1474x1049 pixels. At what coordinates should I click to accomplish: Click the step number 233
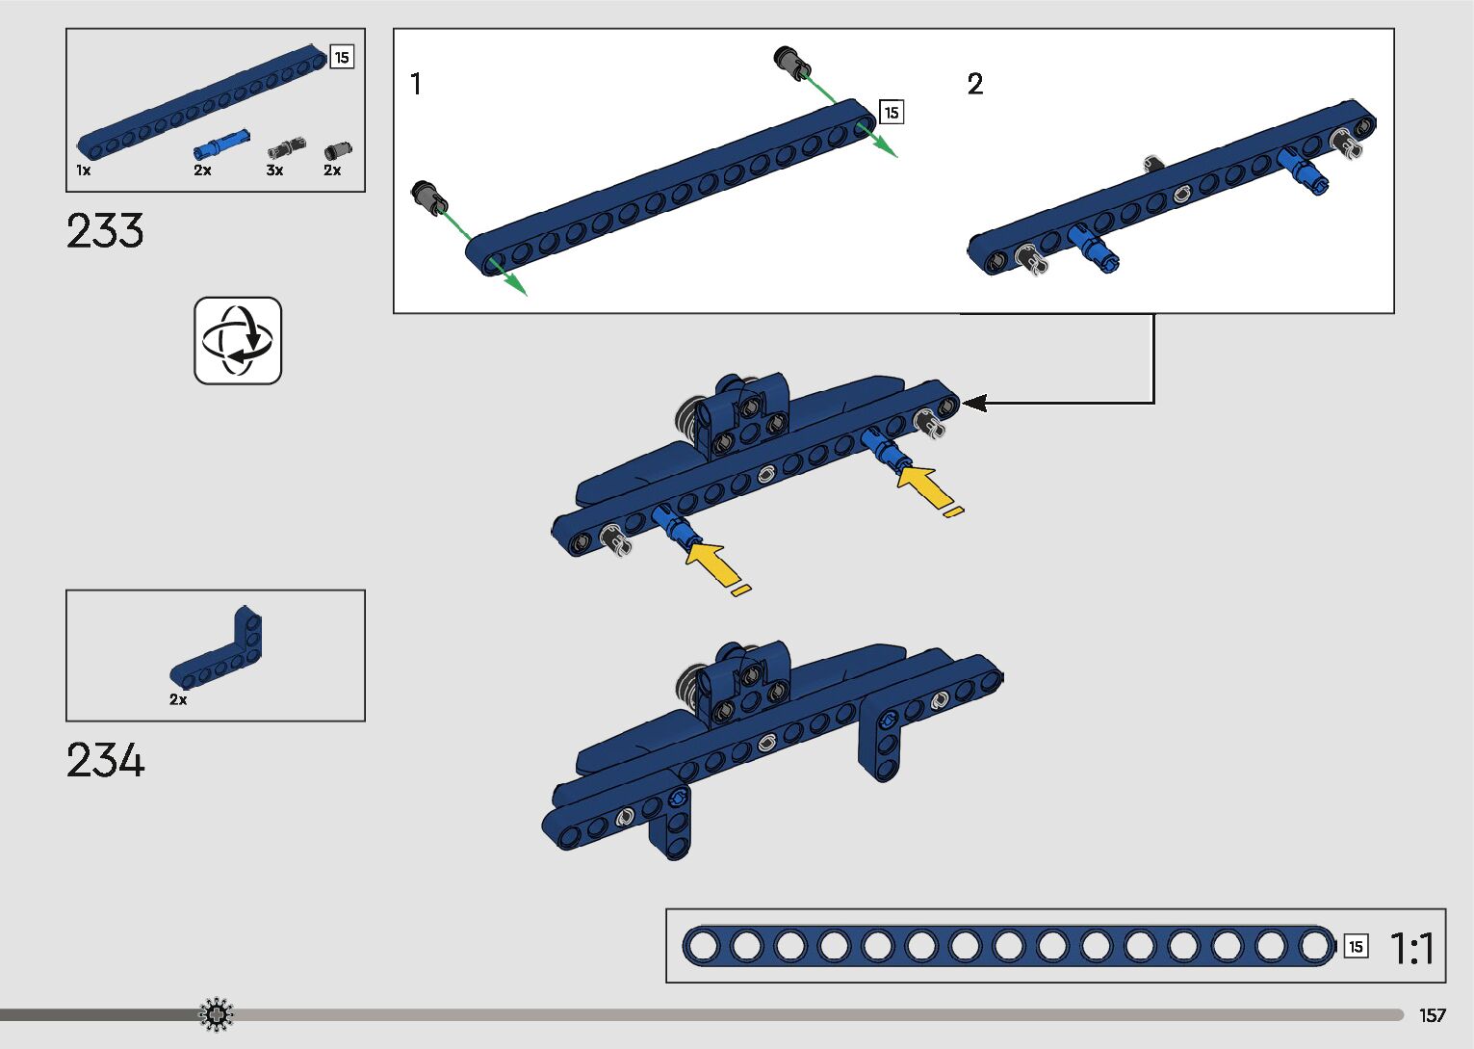(x=105, y=231)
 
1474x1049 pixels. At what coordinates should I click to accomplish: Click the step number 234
(x=105, y=760)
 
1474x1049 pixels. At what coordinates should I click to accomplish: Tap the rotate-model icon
(x=238, y=340)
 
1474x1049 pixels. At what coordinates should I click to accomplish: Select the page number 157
(x=1433, y=1015)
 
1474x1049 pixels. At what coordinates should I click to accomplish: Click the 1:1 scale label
(x=1411, y=948)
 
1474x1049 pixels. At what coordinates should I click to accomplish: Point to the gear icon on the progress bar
(x=217, y=1014)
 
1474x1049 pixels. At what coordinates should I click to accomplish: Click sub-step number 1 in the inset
(x=415, y=84)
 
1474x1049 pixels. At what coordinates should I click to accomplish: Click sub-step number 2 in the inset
(x=975, y=84)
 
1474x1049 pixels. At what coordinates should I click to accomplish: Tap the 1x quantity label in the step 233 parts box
(x=84, y=170)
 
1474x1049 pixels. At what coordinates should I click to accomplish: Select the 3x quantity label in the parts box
(x=274, y=170)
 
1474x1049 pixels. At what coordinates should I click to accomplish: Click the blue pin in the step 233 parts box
(x=221, y=144)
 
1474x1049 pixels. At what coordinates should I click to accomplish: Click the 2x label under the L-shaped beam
(x=178, y=699)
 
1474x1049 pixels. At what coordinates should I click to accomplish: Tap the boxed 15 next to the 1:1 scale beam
(x=1356, y=947)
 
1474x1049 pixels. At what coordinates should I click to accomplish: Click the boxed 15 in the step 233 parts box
(x=342, y=57)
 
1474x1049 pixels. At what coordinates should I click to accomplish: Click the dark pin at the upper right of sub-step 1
(x=792, y=64)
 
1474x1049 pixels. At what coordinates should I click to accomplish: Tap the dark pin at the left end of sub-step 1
(x=429, y=197)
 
